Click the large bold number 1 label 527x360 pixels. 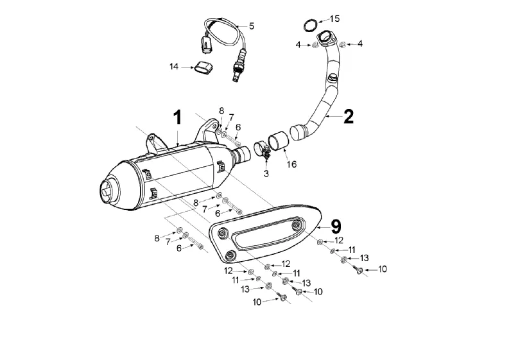(177, 117)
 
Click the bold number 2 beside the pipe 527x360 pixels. (349, 117)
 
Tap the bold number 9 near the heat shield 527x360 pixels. (336, 227)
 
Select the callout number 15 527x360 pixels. (334, 19)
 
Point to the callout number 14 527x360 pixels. (174, 67)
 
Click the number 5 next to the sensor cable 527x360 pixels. (252, 26)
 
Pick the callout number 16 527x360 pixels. (291, 164)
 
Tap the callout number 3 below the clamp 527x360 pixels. (266, 174)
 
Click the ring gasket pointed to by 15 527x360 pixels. (311, 26)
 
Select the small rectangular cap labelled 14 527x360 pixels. (203, 67)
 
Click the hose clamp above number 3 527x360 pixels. (261, 150)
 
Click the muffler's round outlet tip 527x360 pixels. (108, 191)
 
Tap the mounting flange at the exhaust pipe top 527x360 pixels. (326, 39)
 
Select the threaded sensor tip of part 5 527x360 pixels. (236, 77)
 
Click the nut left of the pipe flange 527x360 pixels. (315, 45)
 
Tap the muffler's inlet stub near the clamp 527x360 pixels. (241, 155)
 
